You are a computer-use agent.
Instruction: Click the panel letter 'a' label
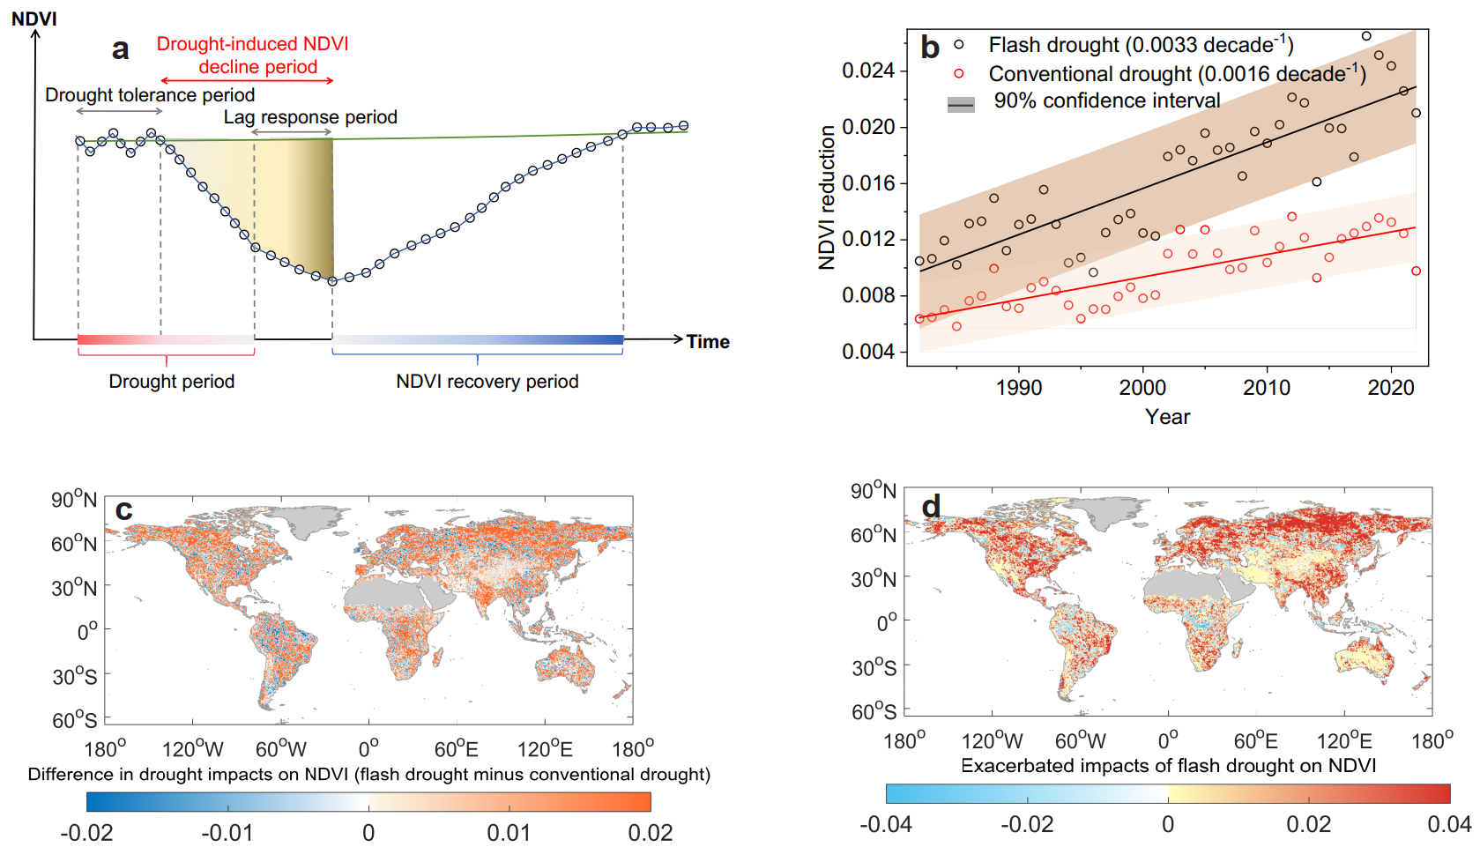tap(121, 49)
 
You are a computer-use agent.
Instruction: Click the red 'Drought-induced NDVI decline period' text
tap(253, 56)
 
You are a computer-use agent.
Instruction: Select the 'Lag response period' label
tap(310, 117)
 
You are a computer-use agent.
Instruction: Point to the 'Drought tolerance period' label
tap(150, 95)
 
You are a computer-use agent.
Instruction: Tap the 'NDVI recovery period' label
tap(487, 382)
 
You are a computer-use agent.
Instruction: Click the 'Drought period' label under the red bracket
tap(171, 382)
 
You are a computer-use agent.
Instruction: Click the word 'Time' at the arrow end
tap(708, 342)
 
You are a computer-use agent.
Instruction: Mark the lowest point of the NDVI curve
tap(332, 281)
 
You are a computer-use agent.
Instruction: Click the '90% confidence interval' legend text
tap(1107, 101)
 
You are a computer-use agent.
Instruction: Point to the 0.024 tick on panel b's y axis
tap(868, 71)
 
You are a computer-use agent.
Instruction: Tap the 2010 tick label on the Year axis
tap(1267, 388)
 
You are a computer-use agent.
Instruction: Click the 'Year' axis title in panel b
tap(1167, 417)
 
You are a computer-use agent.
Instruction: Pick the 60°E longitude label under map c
tap(457, 749)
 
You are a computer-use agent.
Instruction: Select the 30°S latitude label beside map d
tap(874, 667)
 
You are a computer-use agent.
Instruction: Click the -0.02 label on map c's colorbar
tap(86, 833)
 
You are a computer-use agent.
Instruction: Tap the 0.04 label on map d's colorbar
tap(1449, 824)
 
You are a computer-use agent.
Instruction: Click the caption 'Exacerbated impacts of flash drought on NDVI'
tap(1168, 765)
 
